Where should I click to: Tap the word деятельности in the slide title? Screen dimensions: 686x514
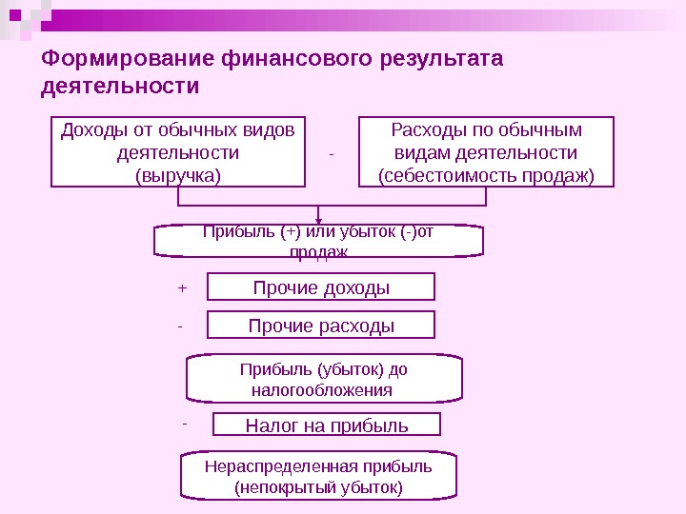coord(121,87)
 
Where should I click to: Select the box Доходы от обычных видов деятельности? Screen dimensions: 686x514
coord(178,151)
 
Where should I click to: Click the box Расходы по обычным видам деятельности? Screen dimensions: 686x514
coord(487,151)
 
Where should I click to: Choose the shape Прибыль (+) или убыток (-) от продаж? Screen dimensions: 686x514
coord(319,241)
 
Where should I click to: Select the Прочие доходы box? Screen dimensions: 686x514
coord(321,287)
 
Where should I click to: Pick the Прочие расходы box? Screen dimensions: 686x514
coord(321,326)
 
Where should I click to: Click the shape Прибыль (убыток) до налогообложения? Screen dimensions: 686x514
coord(324,380)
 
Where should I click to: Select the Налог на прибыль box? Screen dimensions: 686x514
coord(327,425)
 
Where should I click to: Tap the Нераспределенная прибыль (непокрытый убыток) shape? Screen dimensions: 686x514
coord(319,477)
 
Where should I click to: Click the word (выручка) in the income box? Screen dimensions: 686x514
coord(178,175)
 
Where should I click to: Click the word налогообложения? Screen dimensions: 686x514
coord(322,390)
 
